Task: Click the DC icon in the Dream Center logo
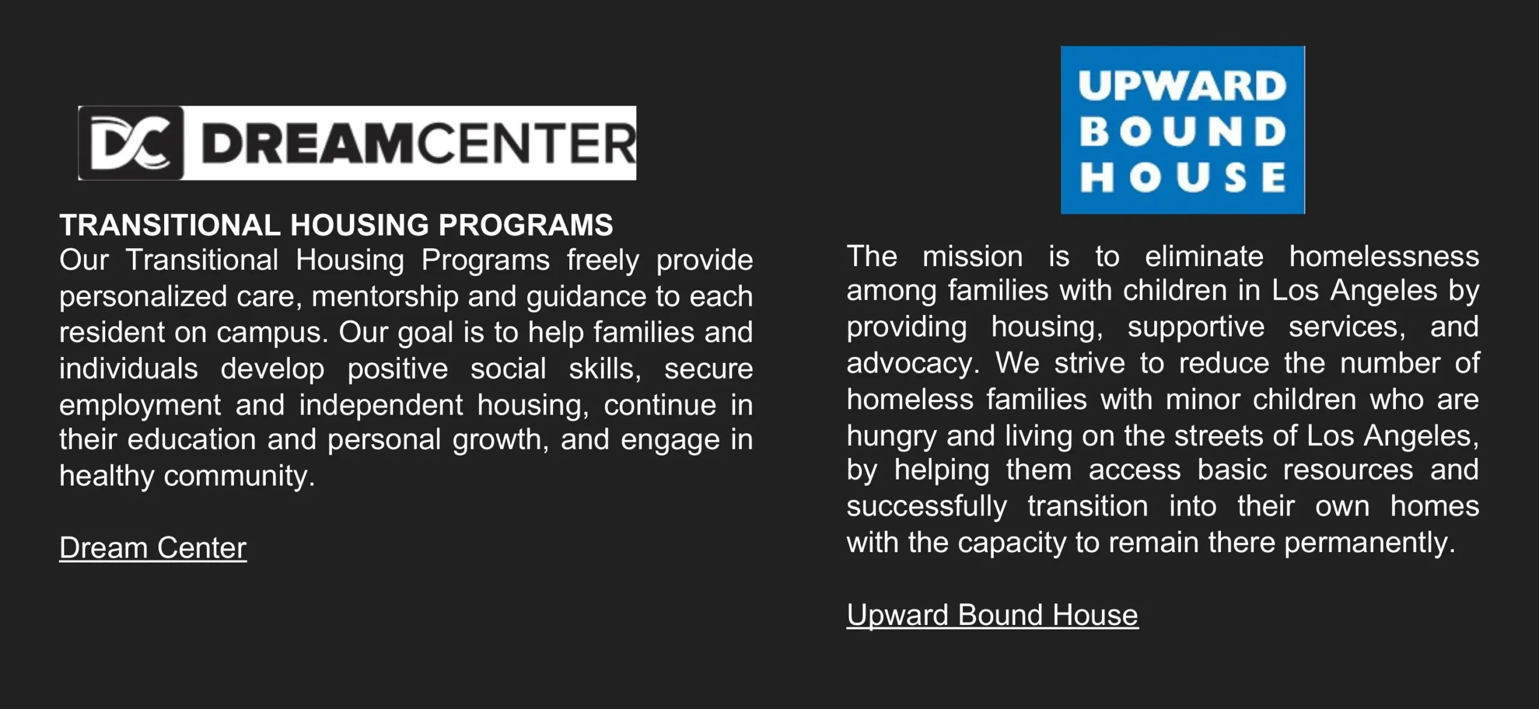[x=131, y=143]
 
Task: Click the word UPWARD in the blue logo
[x=1182, y=87]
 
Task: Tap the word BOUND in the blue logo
[x=1182, y=132]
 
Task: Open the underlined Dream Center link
[x=153, y=547]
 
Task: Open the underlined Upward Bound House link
[x=993, y=615]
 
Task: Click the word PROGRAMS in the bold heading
[x=525, y=225]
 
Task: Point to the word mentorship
[x=385, y=297]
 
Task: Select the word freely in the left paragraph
[x=603, y=261]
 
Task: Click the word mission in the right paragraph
[x=973, y=257]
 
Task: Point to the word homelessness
[x=1384, y=257]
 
